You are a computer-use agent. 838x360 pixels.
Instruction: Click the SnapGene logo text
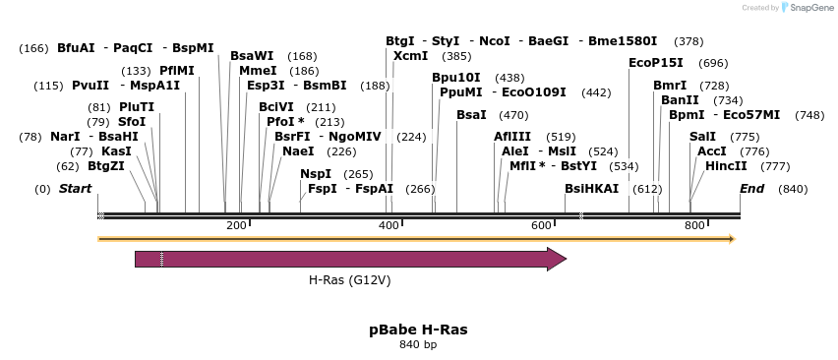pyautogui.click(x=811, y=8)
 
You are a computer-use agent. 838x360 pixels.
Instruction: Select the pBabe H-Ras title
pyautogui.click(x=418, y=329)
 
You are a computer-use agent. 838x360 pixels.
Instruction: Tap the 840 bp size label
pyautogui.click(x=418, y=345)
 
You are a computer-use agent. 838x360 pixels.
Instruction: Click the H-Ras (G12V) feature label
pyautogui.click(x=349, y=280)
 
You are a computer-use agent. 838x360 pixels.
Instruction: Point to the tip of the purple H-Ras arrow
pyautogui.click(x=565, y=259)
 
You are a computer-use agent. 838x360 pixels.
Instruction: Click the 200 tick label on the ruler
pyautogui.click(x=236, y=226)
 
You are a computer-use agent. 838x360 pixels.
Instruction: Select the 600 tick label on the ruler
pyautogui.click(x=542, y=226)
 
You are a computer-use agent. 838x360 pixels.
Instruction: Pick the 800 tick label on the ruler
pyautogui.click(x=694, y=226)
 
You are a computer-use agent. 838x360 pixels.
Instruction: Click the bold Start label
pyautogui.click(x=75, y=188)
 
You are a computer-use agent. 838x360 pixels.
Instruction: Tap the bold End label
pyautogui.click(x=751, y=188)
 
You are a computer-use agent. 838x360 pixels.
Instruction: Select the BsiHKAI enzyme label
pyautogui.click(x=591, y=188)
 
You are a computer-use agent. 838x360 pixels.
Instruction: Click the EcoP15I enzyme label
pyautogui.click(x=656, y=63)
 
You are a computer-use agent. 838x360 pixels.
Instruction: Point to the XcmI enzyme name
pyautogui.click(x=410, y=56)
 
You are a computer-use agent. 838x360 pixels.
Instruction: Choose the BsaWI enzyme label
pyautogui.click(x=252, y=56)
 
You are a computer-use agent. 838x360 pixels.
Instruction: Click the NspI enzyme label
pyautogui.click(x=316, y=174)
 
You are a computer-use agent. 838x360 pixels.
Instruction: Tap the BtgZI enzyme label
pyautogui.click(x=106, y=166)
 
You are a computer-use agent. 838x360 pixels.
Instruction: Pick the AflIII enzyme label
pyautogui.click(x=512, y=137)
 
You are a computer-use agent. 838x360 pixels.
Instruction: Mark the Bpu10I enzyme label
pyautogui.click(x=456, y=78)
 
